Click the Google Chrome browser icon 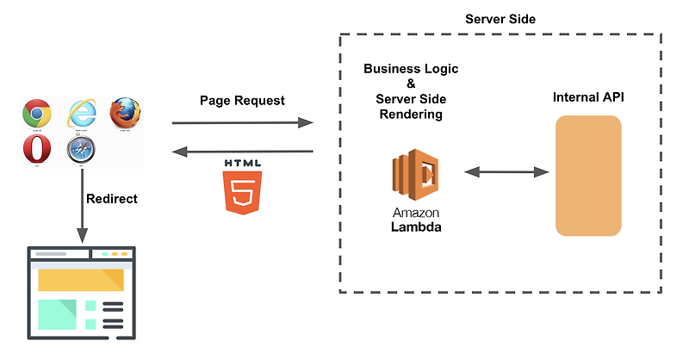(x=37, y=113)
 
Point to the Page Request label (x=242, y=100)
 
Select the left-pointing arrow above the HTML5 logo (x=242, y=152)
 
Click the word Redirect (x=112, y=198)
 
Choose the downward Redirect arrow (x=83, y=207)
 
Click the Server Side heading (x=500, y=18)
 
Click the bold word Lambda (x=417, y=228)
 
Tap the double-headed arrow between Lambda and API (x=506, y=172)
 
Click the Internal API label (x=588, y=98)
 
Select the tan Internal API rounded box (x=588, y=176)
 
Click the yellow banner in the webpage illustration (x=80, y=279)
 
